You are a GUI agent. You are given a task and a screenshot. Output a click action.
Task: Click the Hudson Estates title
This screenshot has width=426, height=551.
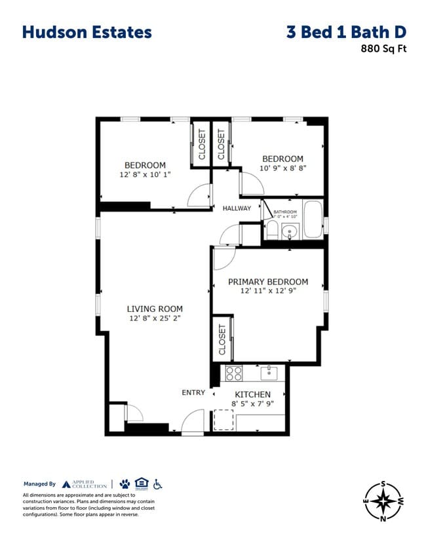(87, 32)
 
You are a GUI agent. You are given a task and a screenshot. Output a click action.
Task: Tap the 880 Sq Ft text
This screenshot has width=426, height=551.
(383, 48)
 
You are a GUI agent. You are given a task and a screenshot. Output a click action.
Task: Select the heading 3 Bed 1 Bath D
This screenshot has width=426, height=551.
(346, 32)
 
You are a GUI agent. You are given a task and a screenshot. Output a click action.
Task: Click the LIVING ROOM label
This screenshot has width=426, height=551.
(155, 309)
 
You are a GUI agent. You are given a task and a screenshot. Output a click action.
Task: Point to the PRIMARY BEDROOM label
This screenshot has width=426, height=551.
(267, 282)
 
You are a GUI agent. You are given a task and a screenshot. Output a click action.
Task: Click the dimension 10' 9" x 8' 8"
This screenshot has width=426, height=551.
(282, 168)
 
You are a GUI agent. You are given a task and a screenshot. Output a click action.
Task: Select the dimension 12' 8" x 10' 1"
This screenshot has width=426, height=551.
(145, 175)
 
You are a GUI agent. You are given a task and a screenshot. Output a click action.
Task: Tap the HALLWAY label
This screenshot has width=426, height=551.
(237, 208)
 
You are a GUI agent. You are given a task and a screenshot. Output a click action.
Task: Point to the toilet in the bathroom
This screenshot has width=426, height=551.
(272, 230)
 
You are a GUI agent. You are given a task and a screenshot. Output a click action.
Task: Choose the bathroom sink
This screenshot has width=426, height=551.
(290, 230)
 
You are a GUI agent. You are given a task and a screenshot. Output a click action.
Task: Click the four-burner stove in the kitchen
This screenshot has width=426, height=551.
(234, 373)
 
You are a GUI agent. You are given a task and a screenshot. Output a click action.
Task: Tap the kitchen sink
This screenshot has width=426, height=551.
(269, 373)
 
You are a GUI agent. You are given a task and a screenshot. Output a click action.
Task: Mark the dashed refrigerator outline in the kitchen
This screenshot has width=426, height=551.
(223, 419)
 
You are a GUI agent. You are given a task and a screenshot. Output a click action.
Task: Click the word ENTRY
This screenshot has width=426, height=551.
(193, 392)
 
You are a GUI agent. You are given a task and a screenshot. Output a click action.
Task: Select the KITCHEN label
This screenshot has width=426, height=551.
(252, 394)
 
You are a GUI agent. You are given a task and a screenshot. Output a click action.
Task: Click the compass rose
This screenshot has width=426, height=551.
(383, 501)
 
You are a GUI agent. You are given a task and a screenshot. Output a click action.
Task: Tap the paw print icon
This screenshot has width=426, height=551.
(125, 484)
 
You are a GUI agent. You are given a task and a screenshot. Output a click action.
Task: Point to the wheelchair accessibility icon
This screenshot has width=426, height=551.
(158, 484)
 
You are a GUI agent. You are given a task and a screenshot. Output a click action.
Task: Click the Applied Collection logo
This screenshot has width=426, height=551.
(83, 484)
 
